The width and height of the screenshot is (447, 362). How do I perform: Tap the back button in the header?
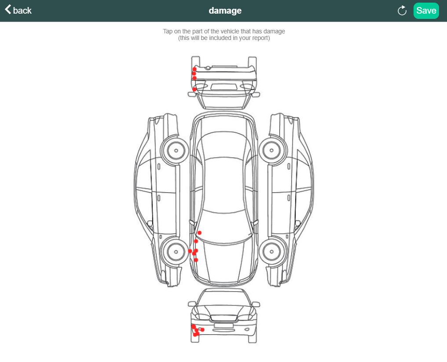(x=18, y=10)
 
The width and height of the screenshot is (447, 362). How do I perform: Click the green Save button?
(x=426, y=11)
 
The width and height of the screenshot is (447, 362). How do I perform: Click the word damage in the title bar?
(x=225, y=11)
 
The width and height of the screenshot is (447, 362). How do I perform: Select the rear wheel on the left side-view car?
(x=176, y=150)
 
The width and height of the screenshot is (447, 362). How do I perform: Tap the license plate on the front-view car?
(x=223, y=325)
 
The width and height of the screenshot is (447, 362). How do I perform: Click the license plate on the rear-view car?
(x=223, y=87)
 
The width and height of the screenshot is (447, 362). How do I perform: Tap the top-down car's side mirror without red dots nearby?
(x=255, y=224)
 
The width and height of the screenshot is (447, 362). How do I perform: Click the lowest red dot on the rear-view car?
(x=194, y=89)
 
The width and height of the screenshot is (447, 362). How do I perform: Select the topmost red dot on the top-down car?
(x=199, y=232)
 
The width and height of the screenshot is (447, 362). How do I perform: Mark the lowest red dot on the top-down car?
(x=196, y=260)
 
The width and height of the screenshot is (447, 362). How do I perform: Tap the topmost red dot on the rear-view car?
(x=194, y=69)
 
